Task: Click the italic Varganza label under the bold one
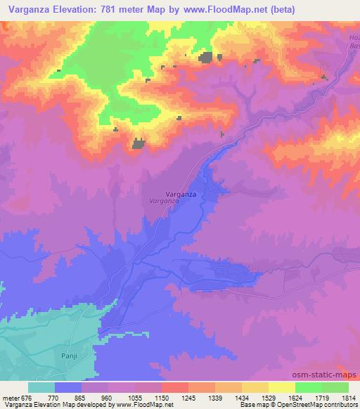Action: [165, 201]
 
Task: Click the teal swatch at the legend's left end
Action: [41, 387]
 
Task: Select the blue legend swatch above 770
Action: [68, 387]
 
